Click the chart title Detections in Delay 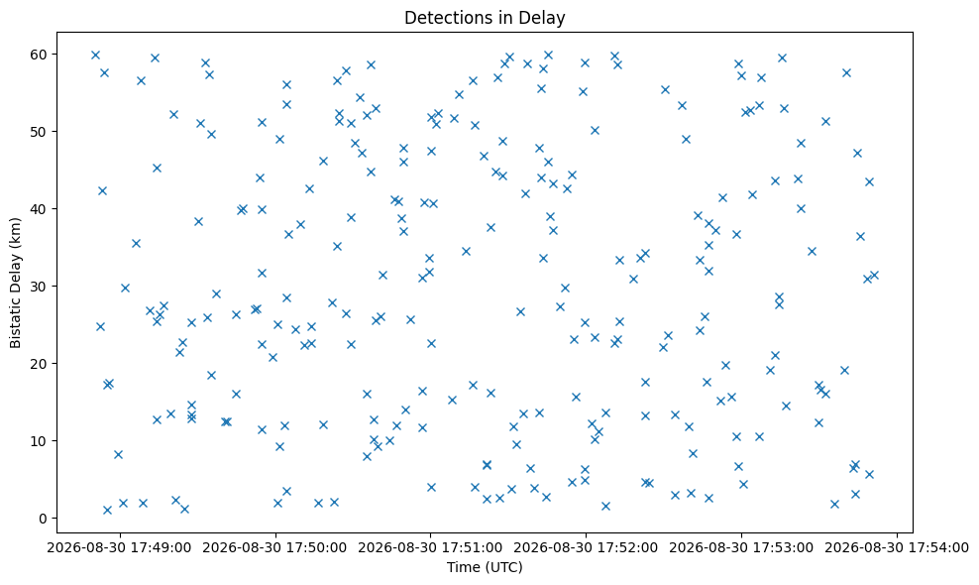(485, 18)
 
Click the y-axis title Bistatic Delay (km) (16, 283)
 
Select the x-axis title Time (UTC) (485, 567)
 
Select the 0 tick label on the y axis (44, 519)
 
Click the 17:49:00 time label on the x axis (120, 548)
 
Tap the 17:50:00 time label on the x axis (275, 548)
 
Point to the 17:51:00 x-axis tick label (430, 548)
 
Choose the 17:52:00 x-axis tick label (586, 548)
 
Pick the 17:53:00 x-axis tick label (741, 548)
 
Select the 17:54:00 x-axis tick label (897, 548)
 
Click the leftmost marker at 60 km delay (95, 55)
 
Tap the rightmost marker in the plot (874, 275)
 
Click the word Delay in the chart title (544, 18)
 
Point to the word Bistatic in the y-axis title (16, 324)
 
